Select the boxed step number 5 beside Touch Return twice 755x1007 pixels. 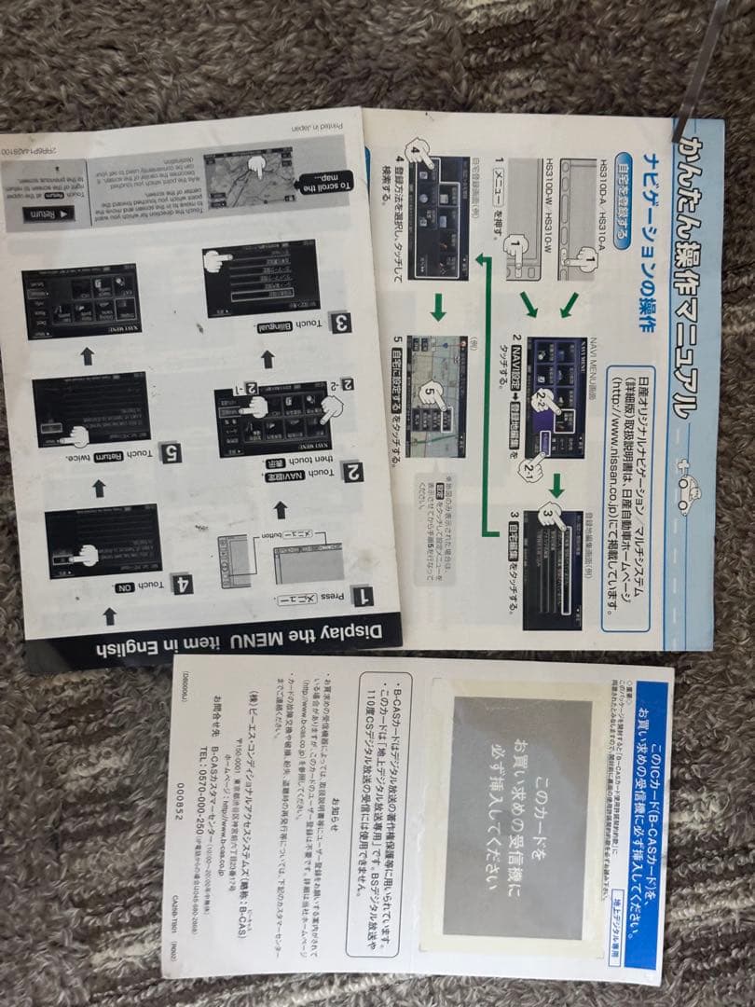pyautogui.click(x=170, y=454)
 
